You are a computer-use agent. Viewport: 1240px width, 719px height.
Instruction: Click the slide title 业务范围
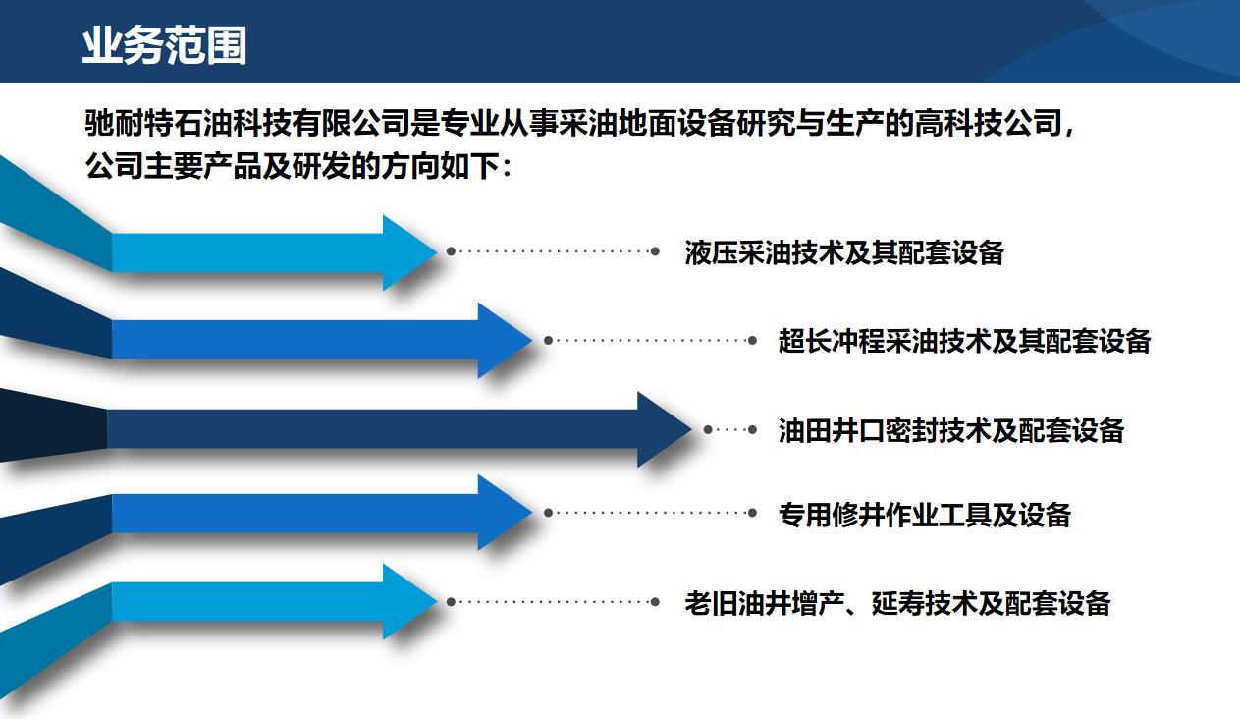164,45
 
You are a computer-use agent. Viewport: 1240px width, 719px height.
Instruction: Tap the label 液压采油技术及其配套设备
844,252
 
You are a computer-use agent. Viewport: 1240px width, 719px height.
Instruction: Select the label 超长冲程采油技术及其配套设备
964,341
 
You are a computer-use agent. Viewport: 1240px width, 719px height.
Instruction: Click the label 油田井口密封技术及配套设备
951,430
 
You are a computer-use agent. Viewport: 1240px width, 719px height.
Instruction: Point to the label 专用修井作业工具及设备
925,515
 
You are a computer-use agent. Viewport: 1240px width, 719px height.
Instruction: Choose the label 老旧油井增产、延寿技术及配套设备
897,603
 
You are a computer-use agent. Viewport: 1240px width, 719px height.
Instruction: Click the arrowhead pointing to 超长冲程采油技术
505,340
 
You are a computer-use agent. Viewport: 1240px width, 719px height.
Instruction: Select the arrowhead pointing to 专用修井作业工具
505,513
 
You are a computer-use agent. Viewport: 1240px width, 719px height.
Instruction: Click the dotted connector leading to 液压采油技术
553,251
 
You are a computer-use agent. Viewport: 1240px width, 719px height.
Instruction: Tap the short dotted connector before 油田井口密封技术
730,429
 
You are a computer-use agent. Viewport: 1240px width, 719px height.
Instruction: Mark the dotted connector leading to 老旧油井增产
553,601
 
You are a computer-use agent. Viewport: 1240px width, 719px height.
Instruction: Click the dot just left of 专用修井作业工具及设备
752,513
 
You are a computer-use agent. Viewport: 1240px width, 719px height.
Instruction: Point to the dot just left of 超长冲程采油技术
752,340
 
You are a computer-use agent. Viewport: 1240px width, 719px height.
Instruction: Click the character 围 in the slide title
227,45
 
